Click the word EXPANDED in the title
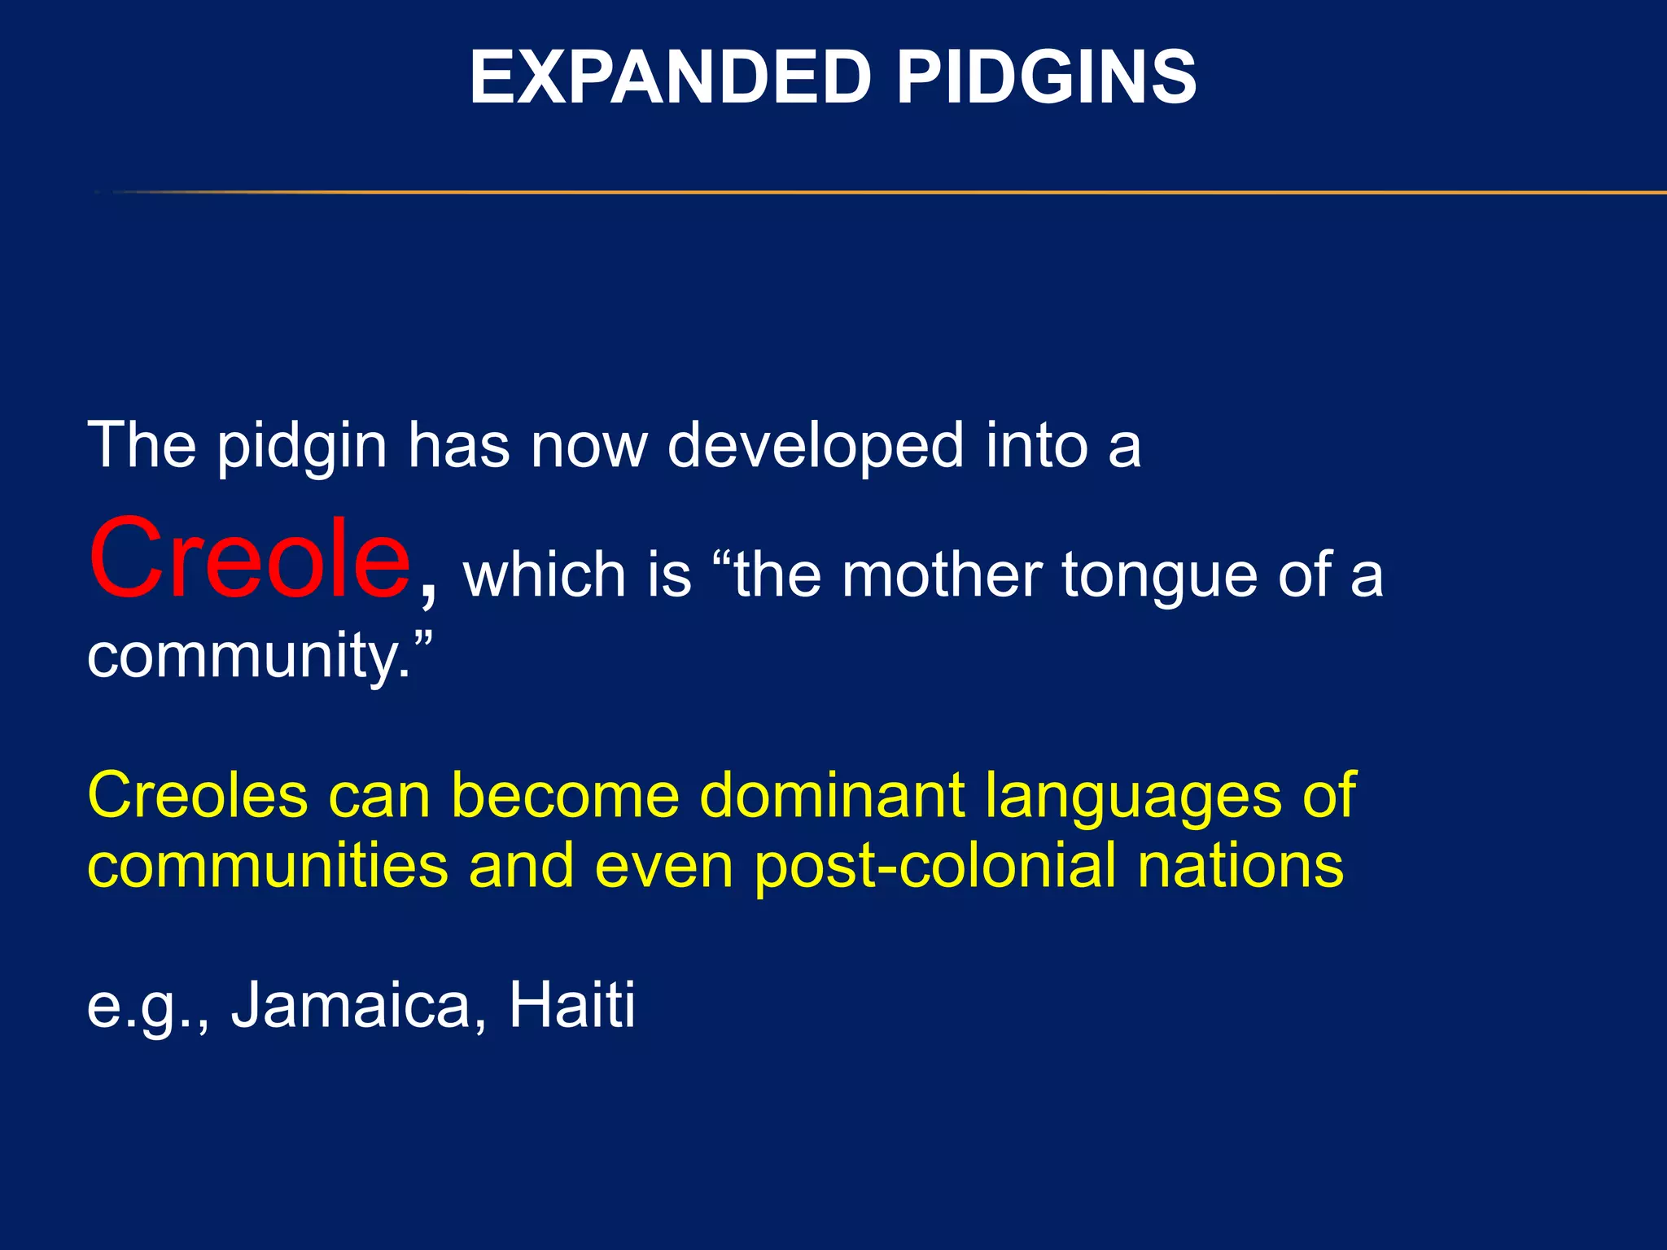click(671, 78)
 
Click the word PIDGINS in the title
click(1047, 78)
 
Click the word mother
click(942, 575)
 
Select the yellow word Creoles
click(198, 795)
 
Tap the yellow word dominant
click(832, 795)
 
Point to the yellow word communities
click(268, 865)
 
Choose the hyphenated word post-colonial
click(934, 867)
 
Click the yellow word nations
click(1240, 865)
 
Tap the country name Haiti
click(571, 1005)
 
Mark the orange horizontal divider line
click(895, 193)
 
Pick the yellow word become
click(565, 795)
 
